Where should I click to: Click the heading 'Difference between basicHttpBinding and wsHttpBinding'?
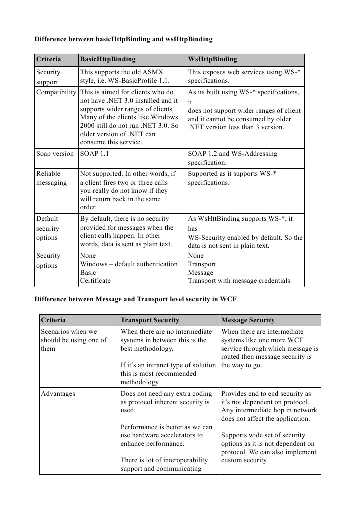pos(123,39)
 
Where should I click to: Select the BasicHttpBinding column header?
pos(108,59)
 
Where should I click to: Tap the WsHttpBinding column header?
pos(212,59)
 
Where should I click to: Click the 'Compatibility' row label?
pos(56,92)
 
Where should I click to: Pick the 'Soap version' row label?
pos(55,154)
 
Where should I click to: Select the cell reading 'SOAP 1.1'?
pos(94,154)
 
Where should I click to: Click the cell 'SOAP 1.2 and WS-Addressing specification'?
pos(232,158)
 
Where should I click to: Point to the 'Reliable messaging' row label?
pos(51,178)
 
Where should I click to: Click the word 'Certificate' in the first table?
pos(95,281)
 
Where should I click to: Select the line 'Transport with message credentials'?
pos(239,281)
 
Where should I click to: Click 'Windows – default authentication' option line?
pos(129,264)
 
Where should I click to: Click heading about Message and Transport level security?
pos(135,300)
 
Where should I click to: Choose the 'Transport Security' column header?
pos(150,320)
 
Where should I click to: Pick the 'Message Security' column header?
pos(248,320)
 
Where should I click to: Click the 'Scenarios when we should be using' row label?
pos(74,340)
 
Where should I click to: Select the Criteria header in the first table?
pos(49,59)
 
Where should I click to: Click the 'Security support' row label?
pos(48,77)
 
